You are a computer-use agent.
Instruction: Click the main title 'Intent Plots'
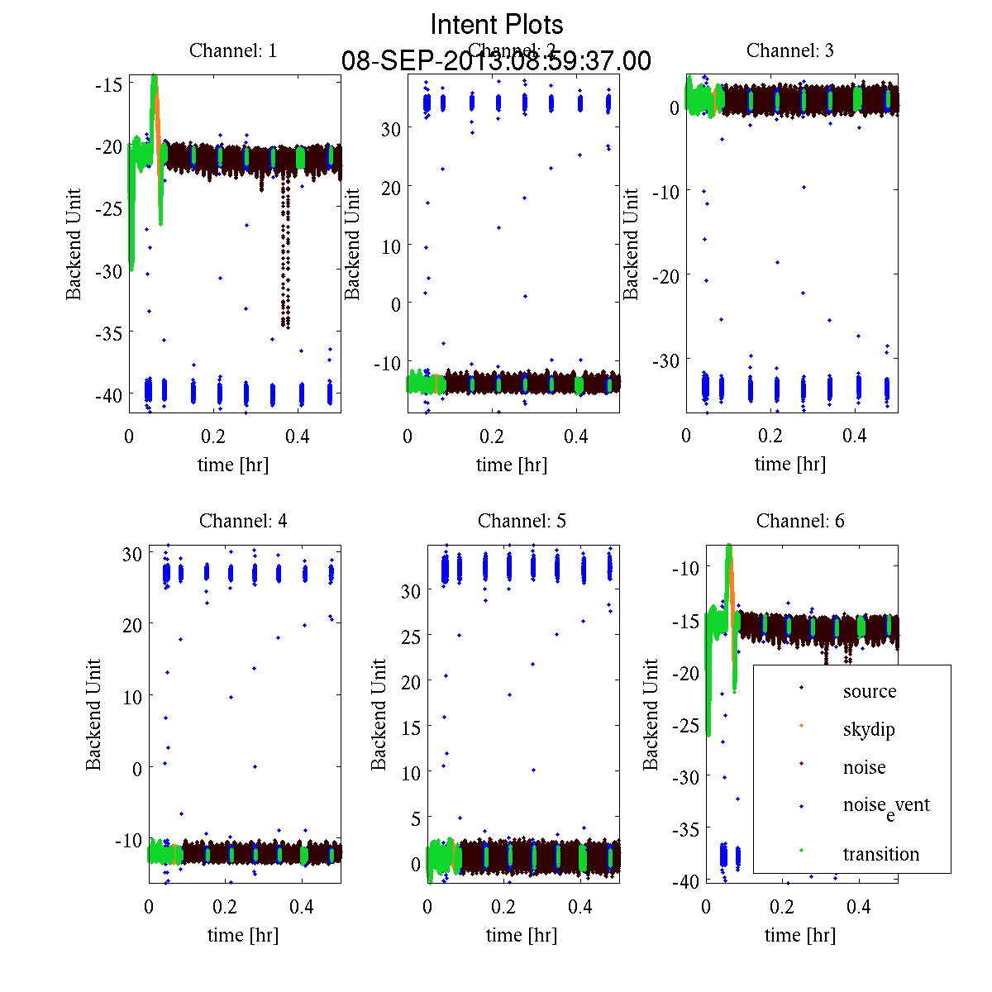(x=497, y=24)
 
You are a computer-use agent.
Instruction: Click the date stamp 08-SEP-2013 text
(x=496, y=61)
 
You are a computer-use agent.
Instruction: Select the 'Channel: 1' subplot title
(x=233, y=50)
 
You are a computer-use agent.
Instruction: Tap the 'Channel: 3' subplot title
(x=790, y=50)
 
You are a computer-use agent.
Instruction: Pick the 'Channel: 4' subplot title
(x=243, y=521)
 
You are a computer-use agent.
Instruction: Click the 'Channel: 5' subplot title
(x=522, y=521)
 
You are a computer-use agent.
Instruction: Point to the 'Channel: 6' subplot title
(x=800, y=521)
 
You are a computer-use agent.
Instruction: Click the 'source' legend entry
(x=869, y=691)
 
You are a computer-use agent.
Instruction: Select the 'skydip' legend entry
(x=869, y=730)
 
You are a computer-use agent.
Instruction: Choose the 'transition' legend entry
(x=880, y=854)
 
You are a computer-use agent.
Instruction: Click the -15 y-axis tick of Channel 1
(x=108, y=84)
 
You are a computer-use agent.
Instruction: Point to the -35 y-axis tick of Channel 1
(x=108, y=332)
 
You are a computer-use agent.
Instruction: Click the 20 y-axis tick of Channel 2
(x=390, y=187)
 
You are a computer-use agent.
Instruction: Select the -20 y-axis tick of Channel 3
(x=665, y=275)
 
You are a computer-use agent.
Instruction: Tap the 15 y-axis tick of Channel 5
(x=411, y=727)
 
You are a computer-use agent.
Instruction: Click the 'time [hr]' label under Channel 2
(x=512, y=465)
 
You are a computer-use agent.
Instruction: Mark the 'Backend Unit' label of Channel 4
(x=93, y=714)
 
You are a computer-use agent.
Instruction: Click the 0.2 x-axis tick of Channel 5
(x=503, y=907)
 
